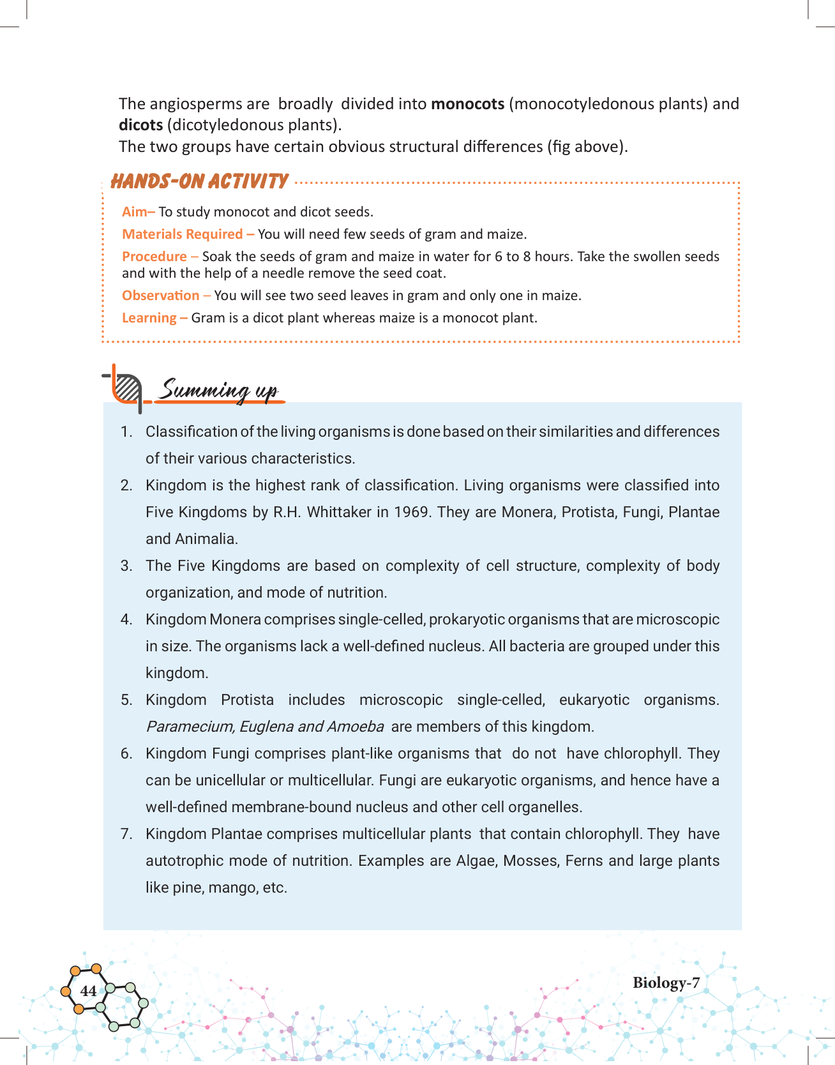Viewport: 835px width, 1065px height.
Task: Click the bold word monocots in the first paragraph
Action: [x=467, y=104]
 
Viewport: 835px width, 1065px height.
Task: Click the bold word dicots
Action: [x=141, y=125]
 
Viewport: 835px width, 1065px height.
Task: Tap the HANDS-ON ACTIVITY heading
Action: [x=199, y=181]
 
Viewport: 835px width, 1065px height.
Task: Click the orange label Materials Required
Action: [x=183, y=234]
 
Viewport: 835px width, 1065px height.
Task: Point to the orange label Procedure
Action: [x=154, y=257]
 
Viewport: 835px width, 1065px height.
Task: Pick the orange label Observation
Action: [x=161, y=296]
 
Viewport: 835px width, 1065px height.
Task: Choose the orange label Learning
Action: [x=149, y=318]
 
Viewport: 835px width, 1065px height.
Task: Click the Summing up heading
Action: [x=218, y=389]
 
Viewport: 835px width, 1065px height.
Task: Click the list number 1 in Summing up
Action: [x=126, y=432]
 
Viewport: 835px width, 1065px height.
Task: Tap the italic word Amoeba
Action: [x=355, y=727]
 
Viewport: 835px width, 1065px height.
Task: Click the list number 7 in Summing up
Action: [x=126, y=835]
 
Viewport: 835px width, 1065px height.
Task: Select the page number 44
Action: [x=89, y=991]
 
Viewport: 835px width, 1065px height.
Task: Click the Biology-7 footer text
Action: [x=666, y=983]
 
